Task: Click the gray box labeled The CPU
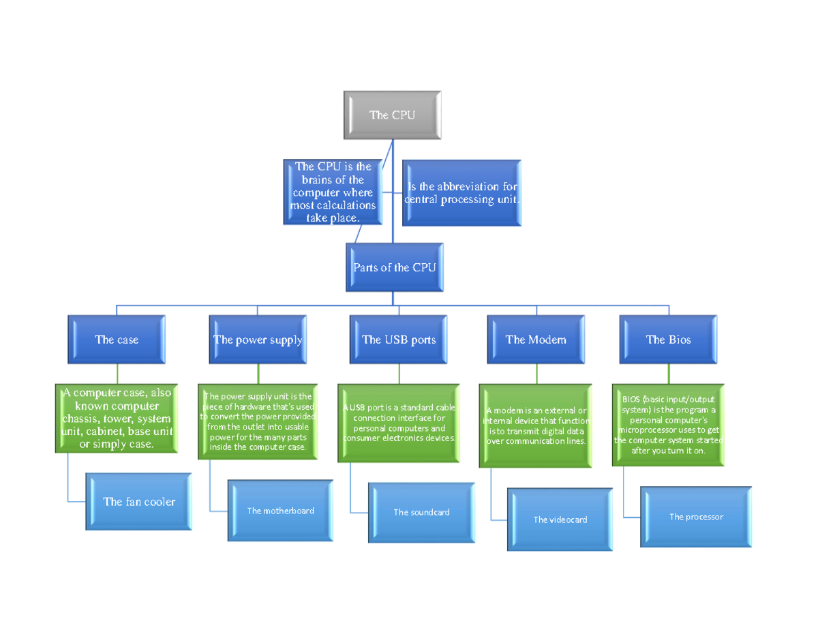click(x=392, y=115)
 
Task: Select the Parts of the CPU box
click(x=394, y=267)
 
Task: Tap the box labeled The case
click(x=117, y=340)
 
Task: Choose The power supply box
click(x=258, y=340)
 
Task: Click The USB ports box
click(x=399, y=340)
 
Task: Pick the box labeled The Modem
click(x=536, y=340)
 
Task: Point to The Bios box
click(x=668, y=340)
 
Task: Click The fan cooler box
click(x=138, y=501)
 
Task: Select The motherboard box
click(x=280, y=510)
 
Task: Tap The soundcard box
click(x=421, y=512)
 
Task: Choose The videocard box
click(x=560, y=520)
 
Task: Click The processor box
click(x=696, y=517)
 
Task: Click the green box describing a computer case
click(x=117, y=419)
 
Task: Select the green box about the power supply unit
click(x=258, y=421)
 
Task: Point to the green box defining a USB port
click(x=399, y=423)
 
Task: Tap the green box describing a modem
click(x=536, y=426)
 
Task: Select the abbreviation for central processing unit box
click(x=462, y=193)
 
